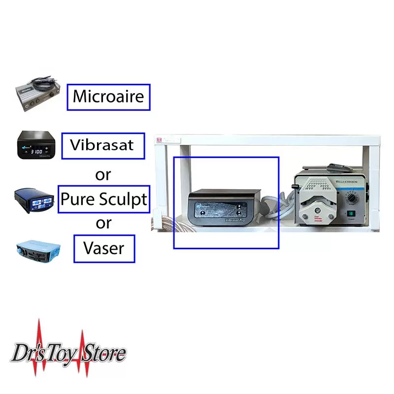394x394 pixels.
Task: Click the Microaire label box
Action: tap(108, 97)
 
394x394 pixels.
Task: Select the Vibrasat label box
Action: tap(103, 145)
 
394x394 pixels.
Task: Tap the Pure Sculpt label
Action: tap(103, 199)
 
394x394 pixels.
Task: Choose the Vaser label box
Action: tap(104, 249)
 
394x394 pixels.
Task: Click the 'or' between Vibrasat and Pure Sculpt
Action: tap(103, 173)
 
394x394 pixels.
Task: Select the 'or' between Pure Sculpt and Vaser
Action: tap(103, 223)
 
